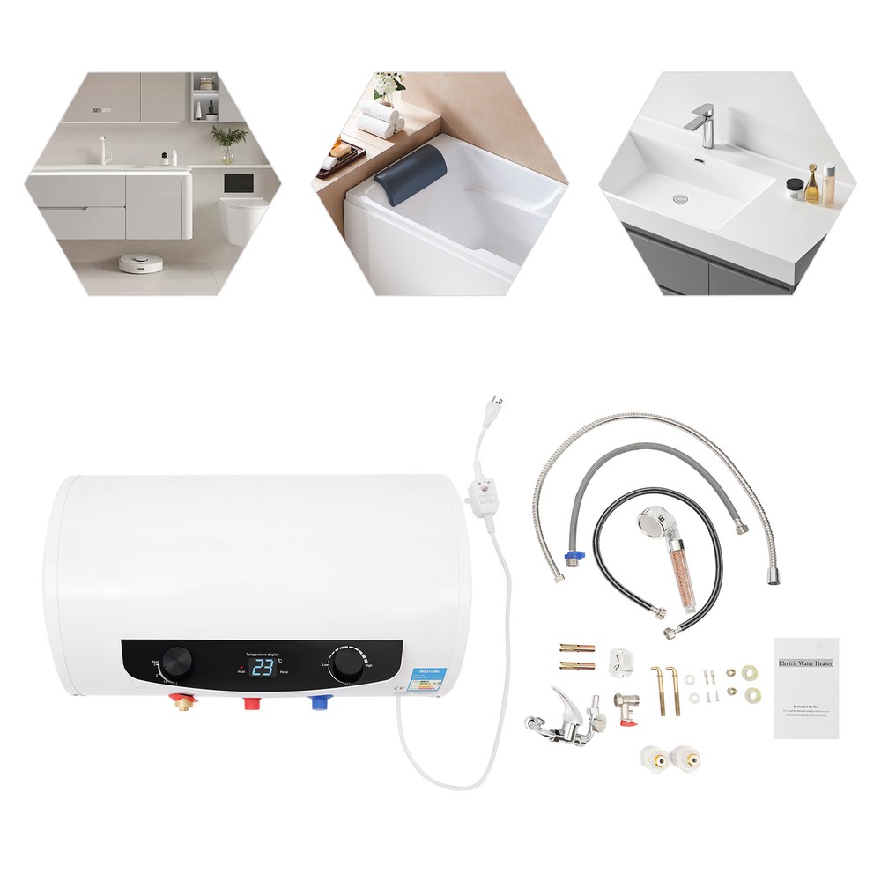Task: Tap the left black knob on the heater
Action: [179, 659]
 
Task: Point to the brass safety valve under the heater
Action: [184, 703]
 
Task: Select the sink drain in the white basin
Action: [679, 199]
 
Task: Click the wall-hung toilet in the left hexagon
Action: [244, 219]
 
